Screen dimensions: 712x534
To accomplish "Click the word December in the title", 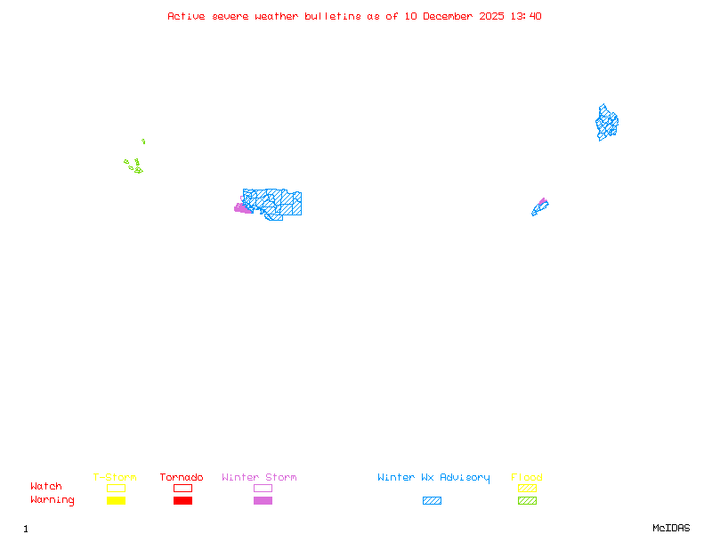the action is click(448, 16).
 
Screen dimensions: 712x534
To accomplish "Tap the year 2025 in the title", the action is click(491, 16).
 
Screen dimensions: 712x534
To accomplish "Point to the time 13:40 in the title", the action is click(526, 16).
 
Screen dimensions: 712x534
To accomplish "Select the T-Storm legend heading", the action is click(115, 477).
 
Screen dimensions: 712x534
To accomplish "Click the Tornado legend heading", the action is click(182, 477).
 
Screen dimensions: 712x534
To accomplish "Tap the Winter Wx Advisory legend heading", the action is click(433, 478).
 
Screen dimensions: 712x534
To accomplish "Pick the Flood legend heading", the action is click(527, 477).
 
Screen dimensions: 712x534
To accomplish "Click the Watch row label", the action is click(46, 486).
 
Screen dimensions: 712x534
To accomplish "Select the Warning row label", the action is click(53, 500).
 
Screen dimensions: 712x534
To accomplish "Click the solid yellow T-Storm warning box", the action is click(117, 500).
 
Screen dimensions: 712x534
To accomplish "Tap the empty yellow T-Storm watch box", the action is click(117, 488).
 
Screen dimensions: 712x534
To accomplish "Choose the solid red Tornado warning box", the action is click(183, 500).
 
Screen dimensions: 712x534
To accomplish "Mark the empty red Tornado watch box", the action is click(183, 488).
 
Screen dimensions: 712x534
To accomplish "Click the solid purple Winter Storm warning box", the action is click(263, 500).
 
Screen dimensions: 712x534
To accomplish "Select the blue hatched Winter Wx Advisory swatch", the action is click(432, 500).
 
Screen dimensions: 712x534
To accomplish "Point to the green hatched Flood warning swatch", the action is click(527, 500).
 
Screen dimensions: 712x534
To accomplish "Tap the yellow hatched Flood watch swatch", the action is click(527, 488).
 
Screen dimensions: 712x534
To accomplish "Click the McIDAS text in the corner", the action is click(671, 528).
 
